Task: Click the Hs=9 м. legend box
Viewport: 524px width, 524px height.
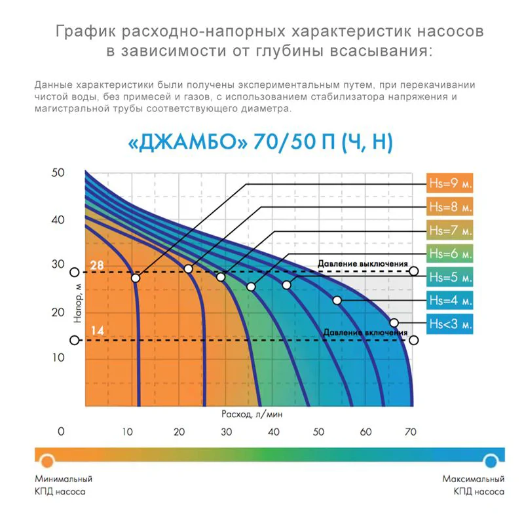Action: (x=449, y=183)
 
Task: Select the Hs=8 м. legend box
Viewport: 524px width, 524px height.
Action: (x=449, y=206)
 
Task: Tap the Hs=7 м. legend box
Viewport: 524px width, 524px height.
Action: (x=449, y=230)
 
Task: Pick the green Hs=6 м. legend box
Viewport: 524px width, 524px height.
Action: (x=449, y=253)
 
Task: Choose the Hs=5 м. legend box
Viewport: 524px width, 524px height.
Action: (x=449, y=276)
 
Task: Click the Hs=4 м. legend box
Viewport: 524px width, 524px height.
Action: (x=449, y=300)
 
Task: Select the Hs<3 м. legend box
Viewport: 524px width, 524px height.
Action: (x=449, y=324)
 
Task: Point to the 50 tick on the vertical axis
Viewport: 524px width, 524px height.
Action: (x=58, y=172)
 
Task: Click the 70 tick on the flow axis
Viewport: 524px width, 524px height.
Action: (x=411, y=432)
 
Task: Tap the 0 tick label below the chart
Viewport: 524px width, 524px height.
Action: (x=62, y=432)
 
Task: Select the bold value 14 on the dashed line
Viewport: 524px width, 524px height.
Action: (x=96, y=330)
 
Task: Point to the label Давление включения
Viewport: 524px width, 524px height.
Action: (x=364, y=333)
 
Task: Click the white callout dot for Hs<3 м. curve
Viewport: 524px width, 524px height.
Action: (x=394, y=322)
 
